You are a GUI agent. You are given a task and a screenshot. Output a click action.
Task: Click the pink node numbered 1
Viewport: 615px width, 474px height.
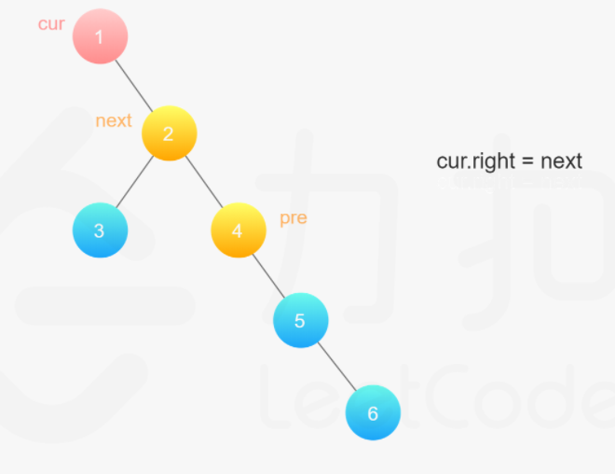[x=100, y=36]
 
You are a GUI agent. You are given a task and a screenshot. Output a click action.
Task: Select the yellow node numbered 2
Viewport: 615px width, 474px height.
[x=169, y=133]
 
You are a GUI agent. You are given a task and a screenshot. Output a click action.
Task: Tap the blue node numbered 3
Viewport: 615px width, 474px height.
[x=100, y=230]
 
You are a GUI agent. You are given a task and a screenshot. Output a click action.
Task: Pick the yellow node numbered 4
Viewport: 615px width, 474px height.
[x=238, y=230]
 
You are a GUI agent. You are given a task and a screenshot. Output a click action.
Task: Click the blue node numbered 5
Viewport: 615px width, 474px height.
[x=300, y=321]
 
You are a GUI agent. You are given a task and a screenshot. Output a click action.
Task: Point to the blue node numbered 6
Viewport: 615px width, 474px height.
[x=373, y=412]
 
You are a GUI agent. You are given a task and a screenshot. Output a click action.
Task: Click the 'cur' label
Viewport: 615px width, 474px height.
[x=51, y=24]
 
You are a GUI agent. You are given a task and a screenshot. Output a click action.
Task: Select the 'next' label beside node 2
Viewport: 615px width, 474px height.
[x=114, y=120]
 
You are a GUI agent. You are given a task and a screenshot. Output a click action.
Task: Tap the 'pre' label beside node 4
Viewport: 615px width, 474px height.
[x=294, y=218]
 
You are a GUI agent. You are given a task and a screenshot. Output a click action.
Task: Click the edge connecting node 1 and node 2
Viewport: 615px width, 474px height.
[x=134, y=85]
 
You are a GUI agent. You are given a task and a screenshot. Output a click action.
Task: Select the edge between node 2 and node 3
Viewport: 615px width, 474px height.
[x=134, y=182]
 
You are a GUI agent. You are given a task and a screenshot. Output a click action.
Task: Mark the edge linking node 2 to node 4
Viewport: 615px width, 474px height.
[x=203, y=182]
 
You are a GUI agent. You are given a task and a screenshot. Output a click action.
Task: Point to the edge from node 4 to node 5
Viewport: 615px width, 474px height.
[x=268, y=275]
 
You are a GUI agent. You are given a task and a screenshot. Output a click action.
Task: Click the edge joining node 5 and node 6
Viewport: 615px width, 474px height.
[x=336, y=367]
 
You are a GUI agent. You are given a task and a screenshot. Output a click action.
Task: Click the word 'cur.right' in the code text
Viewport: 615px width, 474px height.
[x=472, y=160]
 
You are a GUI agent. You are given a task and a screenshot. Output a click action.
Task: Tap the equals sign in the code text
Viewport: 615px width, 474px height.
[x=526, y=161]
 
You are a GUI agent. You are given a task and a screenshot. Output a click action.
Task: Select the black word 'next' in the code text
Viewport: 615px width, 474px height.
[x=561, y=161]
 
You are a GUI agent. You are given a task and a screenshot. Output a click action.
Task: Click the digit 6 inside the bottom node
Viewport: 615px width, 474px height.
[x=373, y=412]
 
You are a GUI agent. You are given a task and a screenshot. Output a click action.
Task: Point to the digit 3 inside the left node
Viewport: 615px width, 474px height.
[x=100, y=230]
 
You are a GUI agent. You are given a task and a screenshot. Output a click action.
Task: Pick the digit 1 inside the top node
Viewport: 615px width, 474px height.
[x=100, y=36]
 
